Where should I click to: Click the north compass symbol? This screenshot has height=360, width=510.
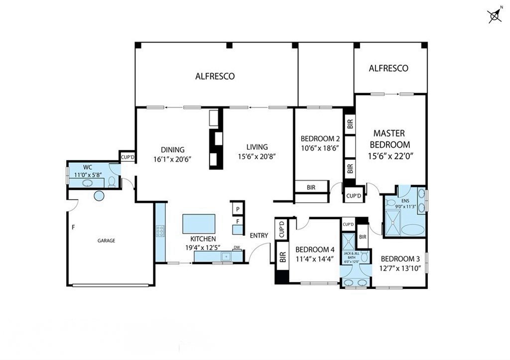click(x=495, y=15)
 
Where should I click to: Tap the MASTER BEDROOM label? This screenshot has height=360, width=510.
click(x=389, y=139)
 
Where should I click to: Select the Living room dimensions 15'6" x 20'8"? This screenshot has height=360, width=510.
click(x=256, y=157)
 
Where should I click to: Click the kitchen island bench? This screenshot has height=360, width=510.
click(x=199, y=224)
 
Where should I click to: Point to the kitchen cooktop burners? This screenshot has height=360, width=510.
click(x=160, y=231)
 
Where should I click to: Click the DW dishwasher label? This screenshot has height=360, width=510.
click(x=237, y=248)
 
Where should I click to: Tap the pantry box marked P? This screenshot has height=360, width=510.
click(x=238, y=209)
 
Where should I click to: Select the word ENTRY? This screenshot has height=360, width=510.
click(x=259, y=236)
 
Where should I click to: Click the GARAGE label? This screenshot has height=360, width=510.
click(x=107, y=240)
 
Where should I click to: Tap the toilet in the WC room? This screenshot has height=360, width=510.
click(x=112, y=182)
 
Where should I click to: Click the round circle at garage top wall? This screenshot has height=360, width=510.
click(x=99, y=196)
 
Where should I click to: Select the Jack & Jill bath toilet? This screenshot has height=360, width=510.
click(x=365, y=256)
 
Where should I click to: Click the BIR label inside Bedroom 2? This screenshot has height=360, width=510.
click(x=311, y=187)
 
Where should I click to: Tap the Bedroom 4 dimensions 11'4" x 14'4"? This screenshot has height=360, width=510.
click(x=315, y=259)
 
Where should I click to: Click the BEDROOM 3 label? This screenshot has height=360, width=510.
click(x=400, y=259)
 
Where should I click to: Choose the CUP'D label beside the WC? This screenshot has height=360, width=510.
click(x=127, y=157)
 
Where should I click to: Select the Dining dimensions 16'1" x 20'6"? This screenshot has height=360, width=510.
click(x=172, y=159)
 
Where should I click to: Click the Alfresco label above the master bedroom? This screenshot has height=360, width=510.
click(x=388, y=68)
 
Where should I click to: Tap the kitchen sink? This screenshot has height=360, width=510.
click(x=226, y=256)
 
